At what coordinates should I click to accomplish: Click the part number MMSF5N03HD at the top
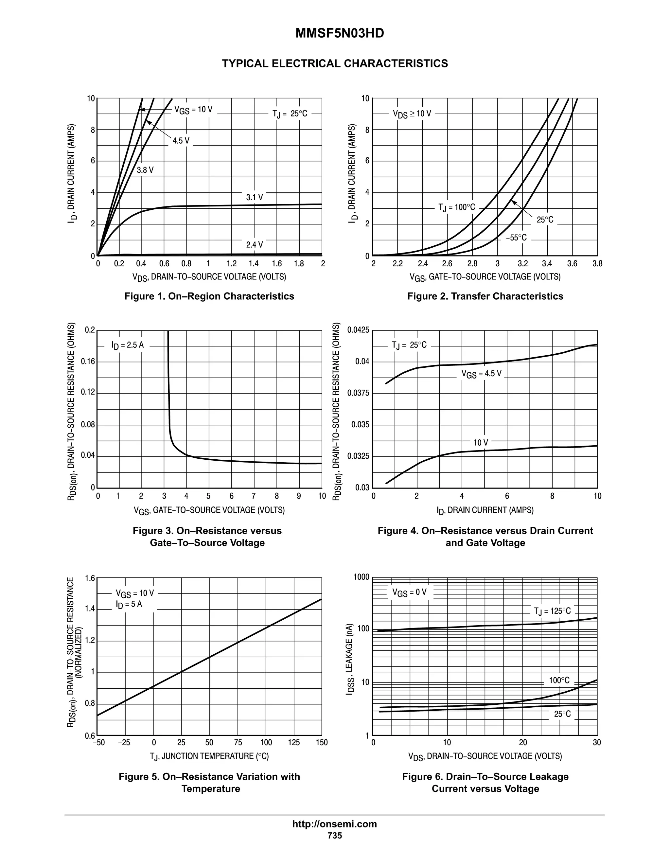[339, 33]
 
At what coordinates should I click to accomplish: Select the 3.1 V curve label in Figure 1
[255, 197]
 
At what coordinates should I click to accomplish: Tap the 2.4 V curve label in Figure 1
[255, 244]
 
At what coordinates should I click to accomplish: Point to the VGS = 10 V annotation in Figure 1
[193, 110]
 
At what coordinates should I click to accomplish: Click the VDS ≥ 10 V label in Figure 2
[412, 114]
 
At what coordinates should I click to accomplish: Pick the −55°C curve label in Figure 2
[516, 238]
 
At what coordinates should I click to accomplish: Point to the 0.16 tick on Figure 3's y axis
[88, 361]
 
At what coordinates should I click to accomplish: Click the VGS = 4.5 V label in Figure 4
[481, 374]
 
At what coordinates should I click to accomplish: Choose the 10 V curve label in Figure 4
[481, 442]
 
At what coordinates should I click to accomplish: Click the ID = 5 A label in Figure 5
[129, 604]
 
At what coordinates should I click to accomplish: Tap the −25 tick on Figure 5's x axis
[124, 742]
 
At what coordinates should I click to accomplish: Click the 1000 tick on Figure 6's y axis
[361, 577]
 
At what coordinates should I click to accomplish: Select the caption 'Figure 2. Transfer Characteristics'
[485, 296]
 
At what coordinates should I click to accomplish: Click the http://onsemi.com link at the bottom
[334, 824]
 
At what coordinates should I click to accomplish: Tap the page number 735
[335, 835]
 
